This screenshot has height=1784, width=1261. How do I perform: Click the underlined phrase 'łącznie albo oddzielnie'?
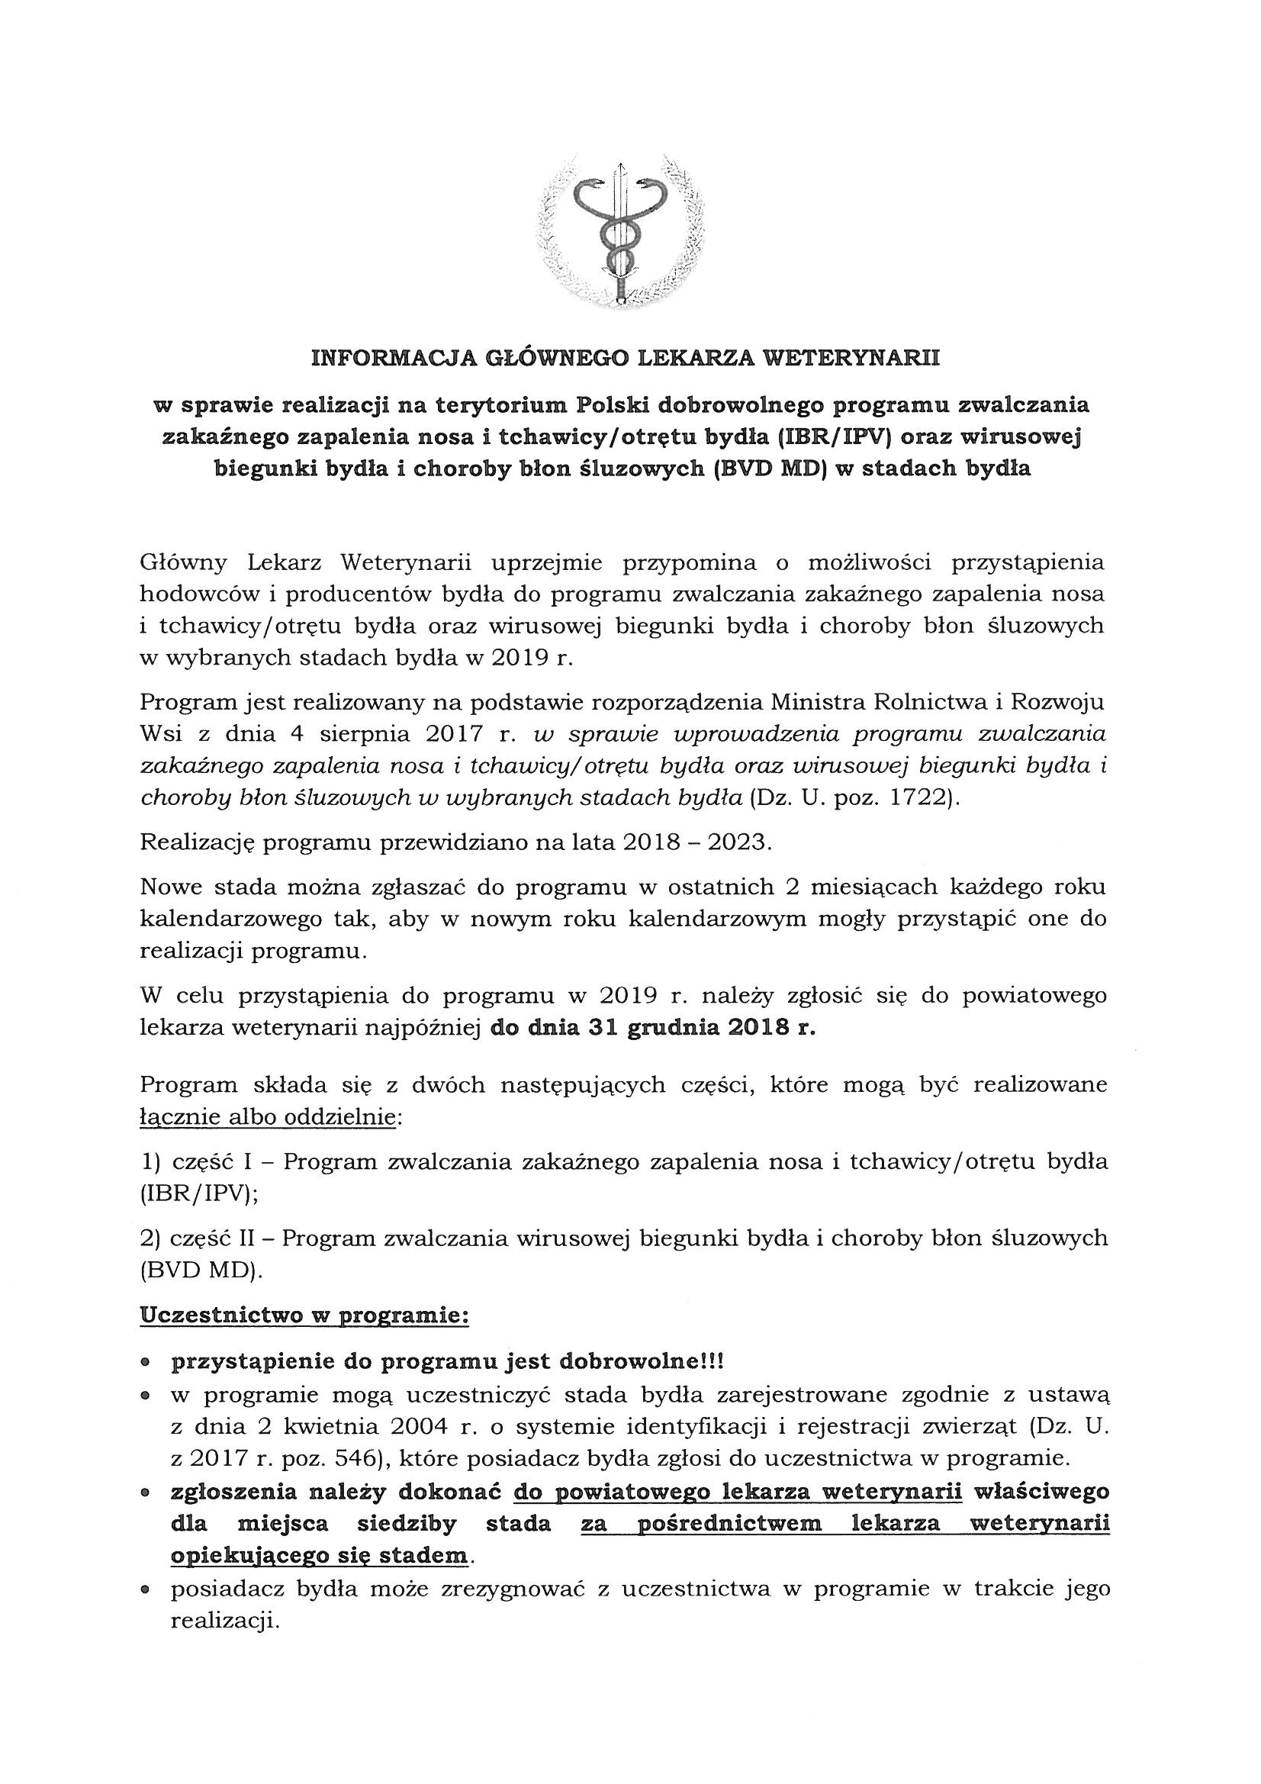pyautogui.click(x=268, y=1117)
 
